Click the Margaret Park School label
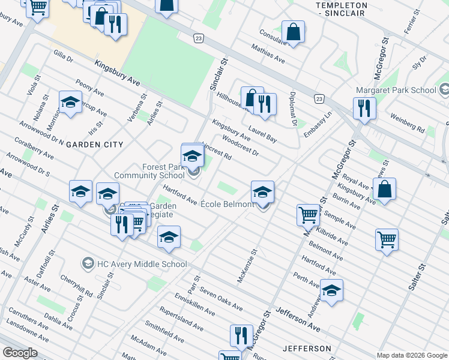pyautogui.click(x=395, y=90)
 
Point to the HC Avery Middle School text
pyautogui.click(x=142, y=264)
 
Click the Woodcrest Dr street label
pyautogui.click(x=240, y=145)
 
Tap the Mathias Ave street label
pyautogui.click(x=268, y=53)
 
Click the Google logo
pyautogui.click(x=20, y=353)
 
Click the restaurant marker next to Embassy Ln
pyautogui.click(x=364, y=109)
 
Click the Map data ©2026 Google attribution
pyautogui.click(x=411, y=355)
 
